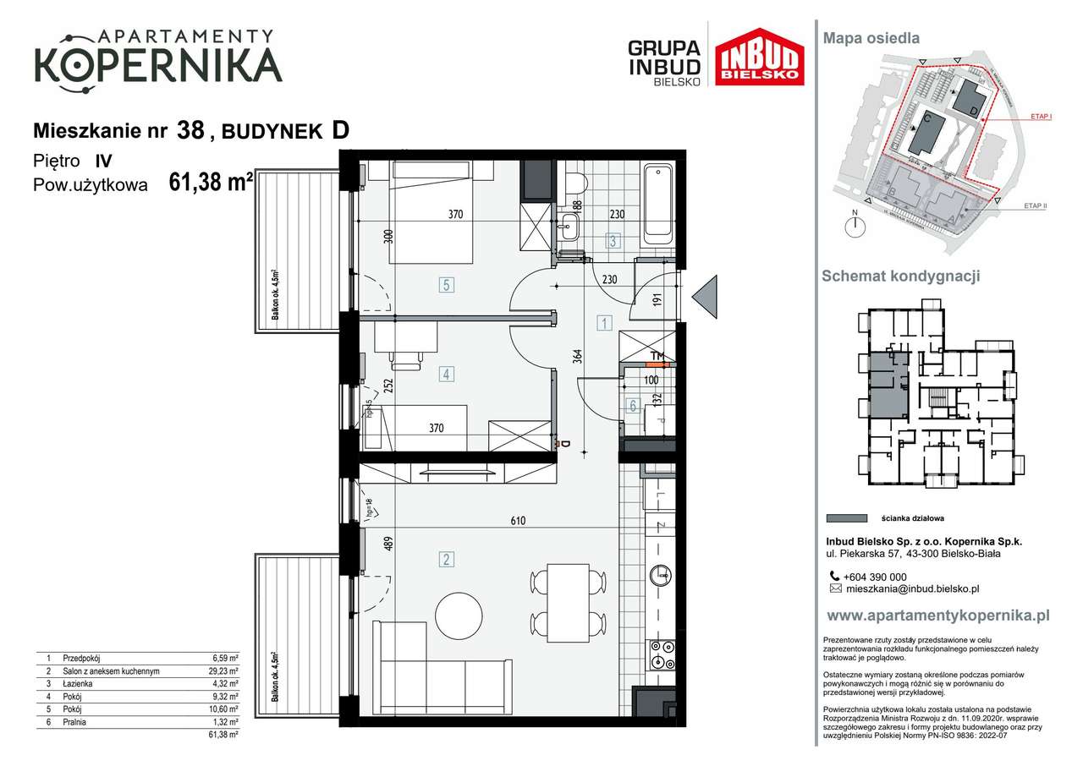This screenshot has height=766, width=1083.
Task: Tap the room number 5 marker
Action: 446,285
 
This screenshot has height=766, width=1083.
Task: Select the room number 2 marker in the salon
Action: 446,558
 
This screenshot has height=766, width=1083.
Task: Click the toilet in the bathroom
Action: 577,183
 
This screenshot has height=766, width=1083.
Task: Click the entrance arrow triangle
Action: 705,298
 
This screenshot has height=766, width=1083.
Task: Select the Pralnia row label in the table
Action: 76,722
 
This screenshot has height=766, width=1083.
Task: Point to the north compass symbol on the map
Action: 856,225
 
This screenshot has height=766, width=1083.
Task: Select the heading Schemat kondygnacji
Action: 901,276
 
